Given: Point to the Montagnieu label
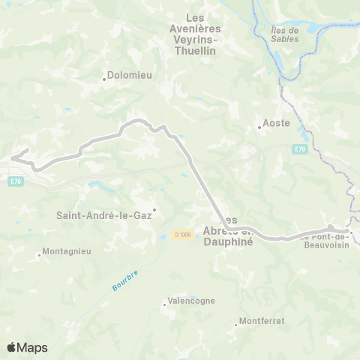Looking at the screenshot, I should (x=67, y=251).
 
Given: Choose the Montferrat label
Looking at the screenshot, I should (x=262, y=321).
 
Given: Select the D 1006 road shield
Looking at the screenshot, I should (x=183, y=235).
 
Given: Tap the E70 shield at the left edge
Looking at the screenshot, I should (x=15, y=181).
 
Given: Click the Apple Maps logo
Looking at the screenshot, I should (x=27, y=347).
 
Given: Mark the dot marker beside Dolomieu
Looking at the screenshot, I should (x=104, y=78).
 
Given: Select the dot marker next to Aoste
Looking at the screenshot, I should (x=259, y=127).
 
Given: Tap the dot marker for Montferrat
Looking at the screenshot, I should (x=236, y=325).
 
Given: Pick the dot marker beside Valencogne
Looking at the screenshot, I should (x=165, y=304).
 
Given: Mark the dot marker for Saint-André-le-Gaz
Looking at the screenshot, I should (x=154, y=210).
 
